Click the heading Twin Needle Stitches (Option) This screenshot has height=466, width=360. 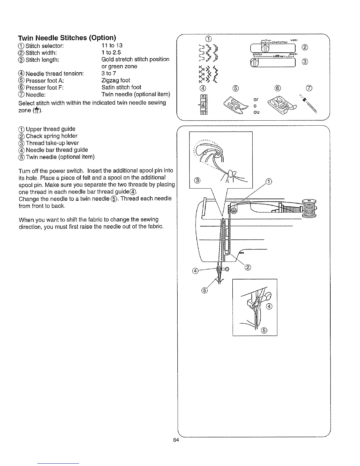67,38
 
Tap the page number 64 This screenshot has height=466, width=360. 176,440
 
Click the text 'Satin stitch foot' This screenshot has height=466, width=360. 121,87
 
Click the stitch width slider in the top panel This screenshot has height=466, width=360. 272,48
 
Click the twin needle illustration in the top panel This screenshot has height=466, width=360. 308,104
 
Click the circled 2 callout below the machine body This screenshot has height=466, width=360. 248,267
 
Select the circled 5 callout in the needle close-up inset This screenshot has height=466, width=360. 264,330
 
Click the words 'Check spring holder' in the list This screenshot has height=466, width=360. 51,136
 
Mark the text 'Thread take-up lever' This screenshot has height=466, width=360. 52,143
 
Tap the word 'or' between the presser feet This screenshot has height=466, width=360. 256,99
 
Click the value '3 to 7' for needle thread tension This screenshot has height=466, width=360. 109,73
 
